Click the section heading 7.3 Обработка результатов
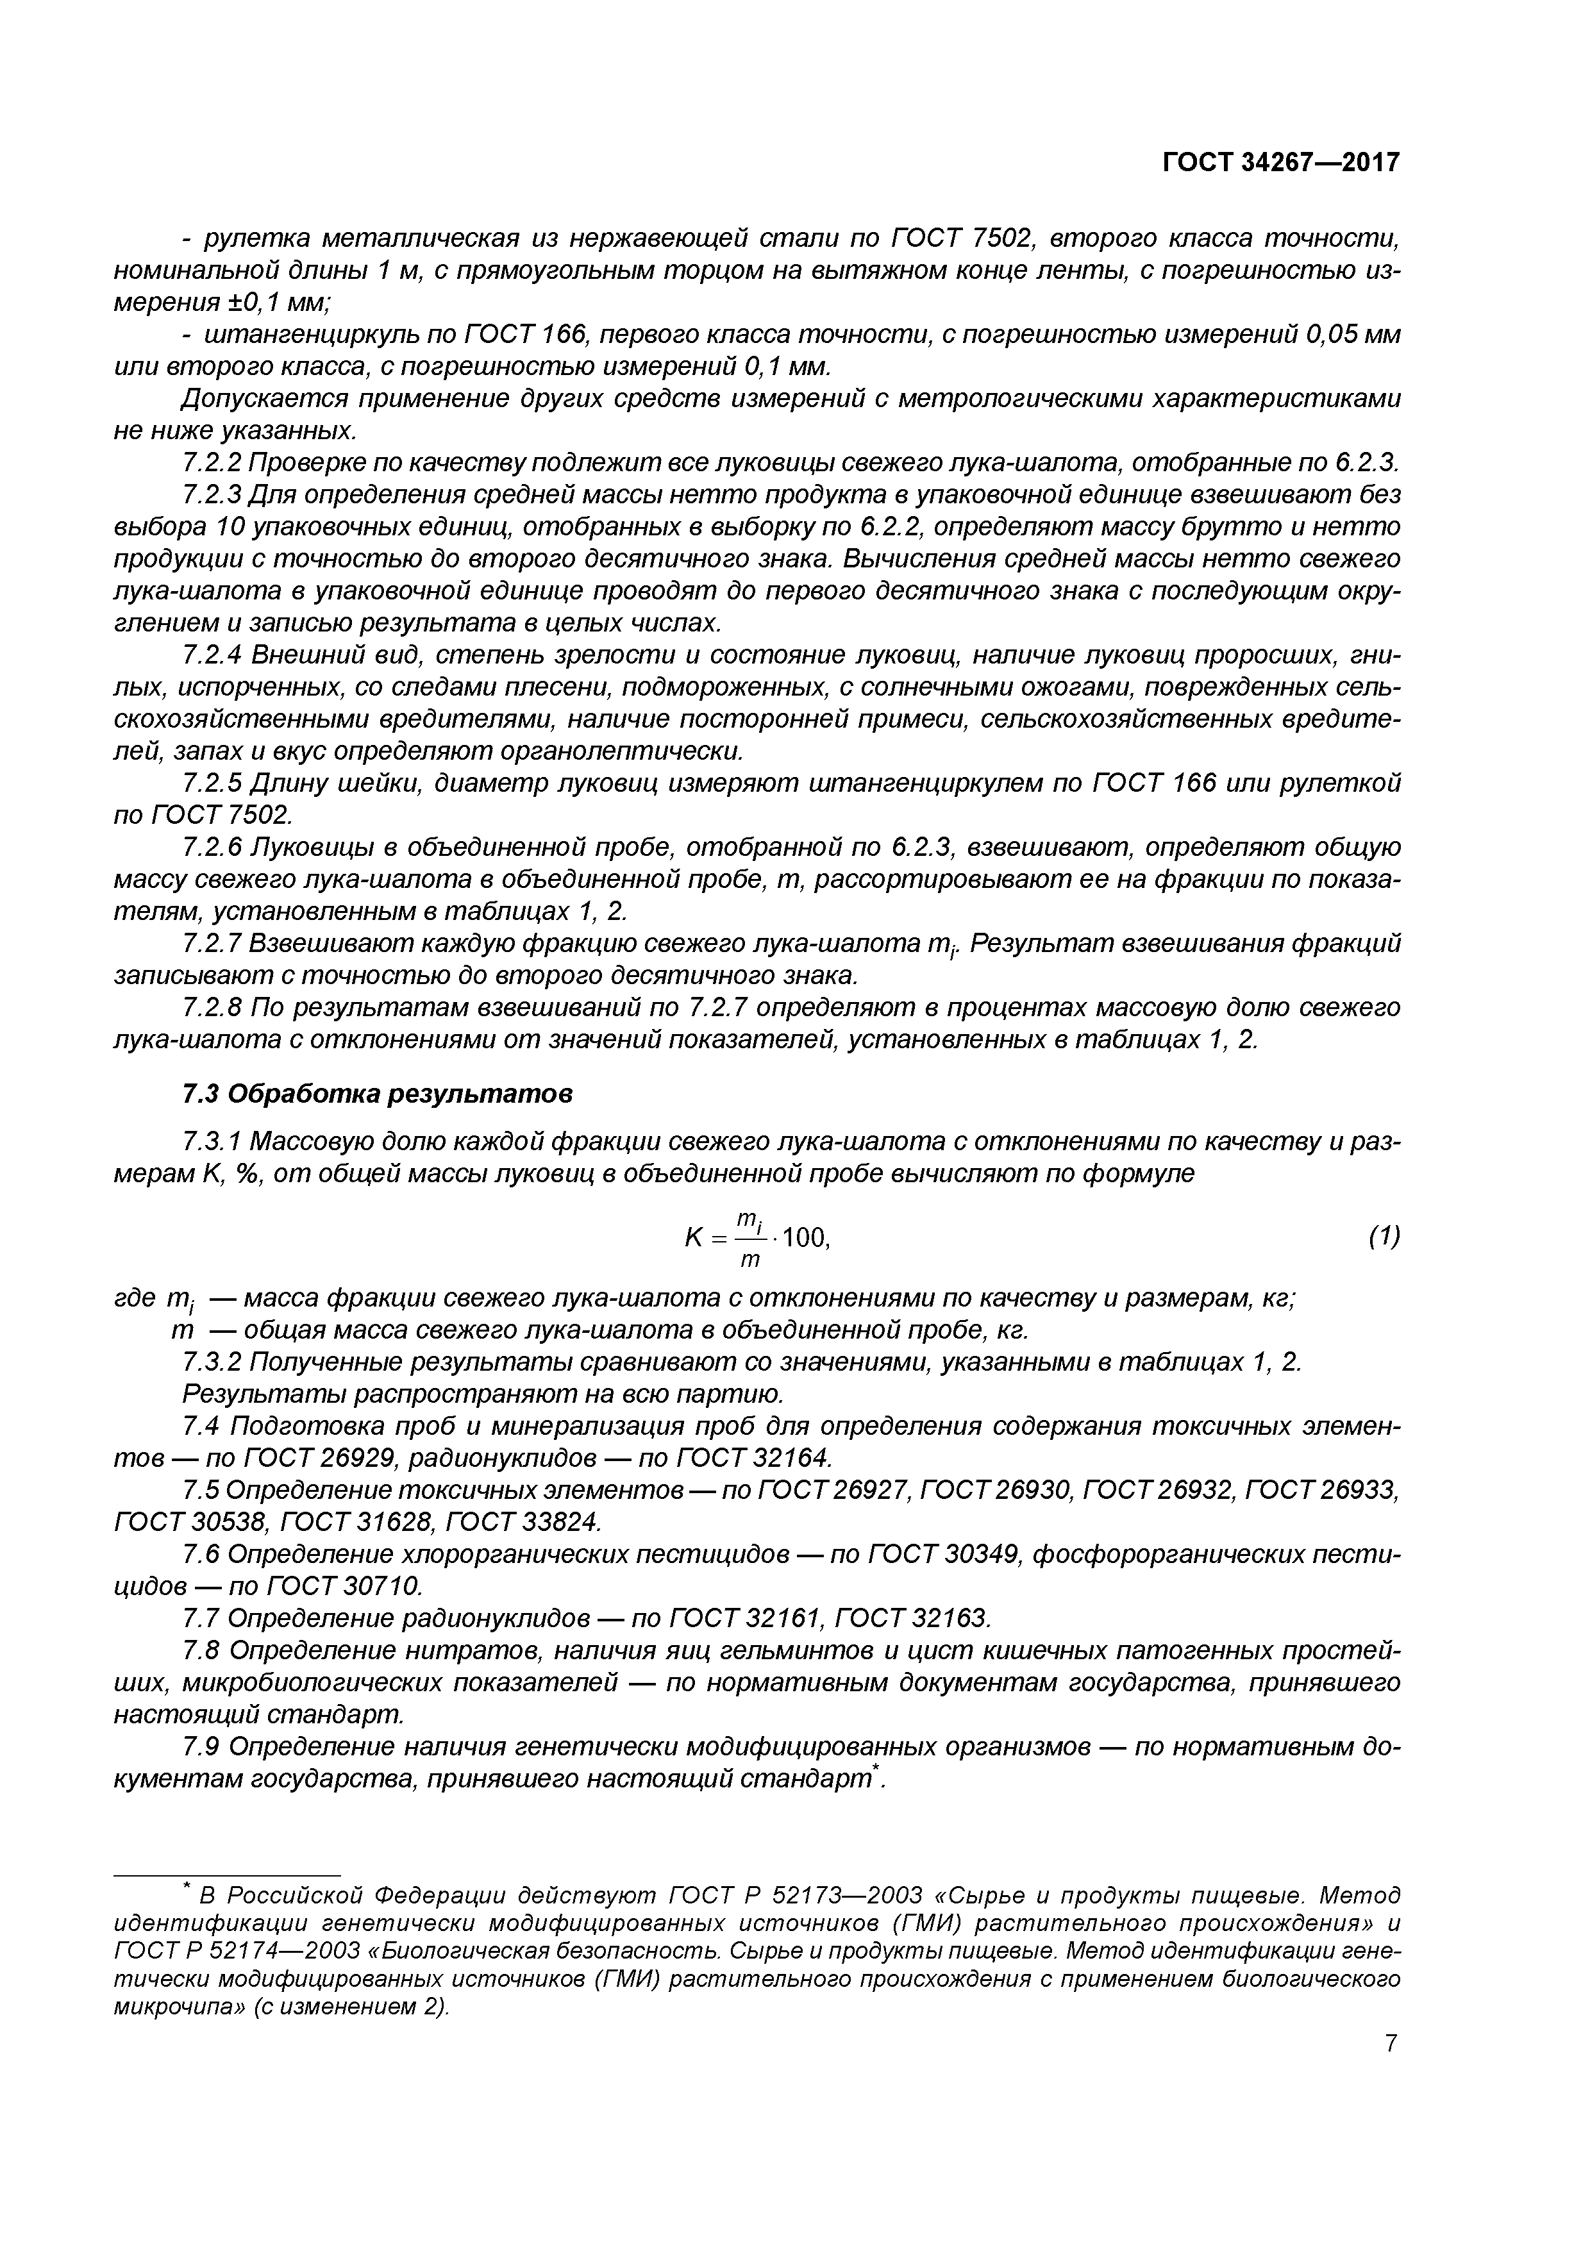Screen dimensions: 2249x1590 [x=377, y=1093]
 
